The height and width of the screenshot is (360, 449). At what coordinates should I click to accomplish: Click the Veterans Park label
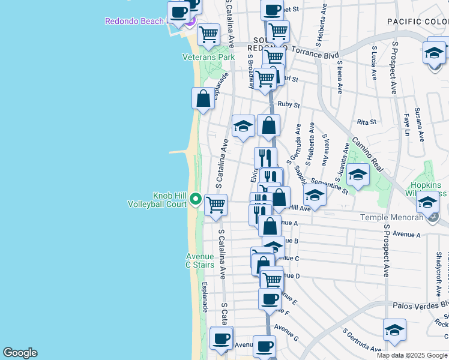pos(208,58)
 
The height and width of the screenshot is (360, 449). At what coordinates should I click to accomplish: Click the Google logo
pos(20,353)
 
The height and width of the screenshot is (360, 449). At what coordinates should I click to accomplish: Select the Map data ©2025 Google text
pos(412,355)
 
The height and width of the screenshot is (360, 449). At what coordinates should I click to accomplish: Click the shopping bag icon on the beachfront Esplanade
pos(203,98)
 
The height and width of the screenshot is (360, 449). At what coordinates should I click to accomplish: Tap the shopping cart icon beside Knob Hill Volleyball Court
pos(215,205)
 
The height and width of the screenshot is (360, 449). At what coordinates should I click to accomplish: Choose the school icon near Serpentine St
pos(358,175)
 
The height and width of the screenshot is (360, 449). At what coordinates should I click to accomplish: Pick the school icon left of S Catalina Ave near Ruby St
pos(243,126)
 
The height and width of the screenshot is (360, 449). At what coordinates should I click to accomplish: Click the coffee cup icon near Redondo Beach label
pos(178,11)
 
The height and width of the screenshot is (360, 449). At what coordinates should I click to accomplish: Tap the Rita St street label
pos(366,122)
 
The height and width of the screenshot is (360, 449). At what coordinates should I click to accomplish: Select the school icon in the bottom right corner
pos(394,329)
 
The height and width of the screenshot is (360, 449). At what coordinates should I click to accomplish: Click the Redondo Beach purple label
pos(133,21)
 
